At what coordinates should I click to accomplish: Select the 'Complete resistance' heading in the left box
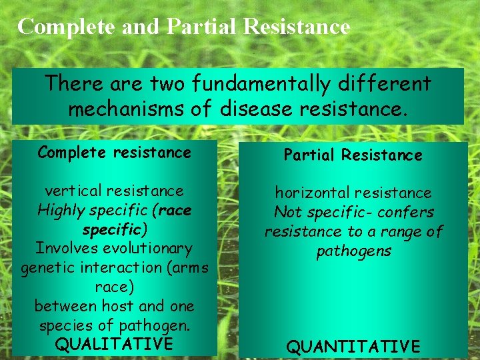(114, 152)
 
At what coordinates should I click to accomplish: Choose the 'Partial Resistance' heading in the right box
(353, 155)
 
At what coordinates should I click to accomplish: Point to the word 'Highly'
(65, 210)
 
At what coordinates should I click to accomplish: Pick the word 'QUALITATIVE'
(114, 344)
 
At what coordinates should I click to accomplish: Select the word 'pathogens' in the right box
(353, 251)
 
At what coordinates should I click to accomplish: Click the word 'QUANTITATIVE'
(353, 347)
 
